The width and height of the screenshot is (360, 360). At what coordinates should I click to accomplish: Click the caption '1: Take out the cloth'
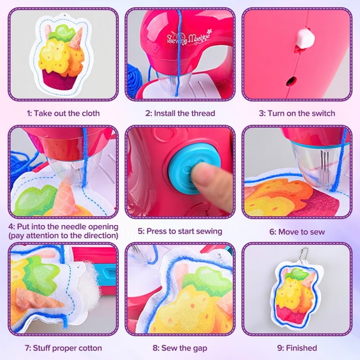pyautogui.click(x=63, y=113)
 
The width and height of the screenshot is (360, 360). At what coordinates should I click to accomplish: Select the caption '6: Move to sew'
pyautogui.click(x=297, y=232)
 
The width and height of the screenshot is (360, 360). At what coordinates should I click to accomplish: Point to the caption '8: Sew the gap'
pyautogui.click(x=180, y=348)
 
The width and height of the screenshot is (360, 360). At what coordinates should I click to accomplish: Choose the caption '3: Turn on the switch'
pyautogui.click(x=297, y=113)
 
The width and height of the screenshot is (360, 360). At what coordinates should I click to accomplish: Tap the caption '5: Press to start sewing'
pyautogui.click(x=180, y=231)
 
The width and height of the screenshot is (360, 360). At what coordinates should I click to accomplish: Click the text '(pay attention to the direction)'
pyautogui.click(x=63, y=236)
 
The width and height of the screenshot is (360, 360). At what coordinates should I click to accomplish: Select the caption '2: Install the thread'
pyautogui.click(x=180, y=113)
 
